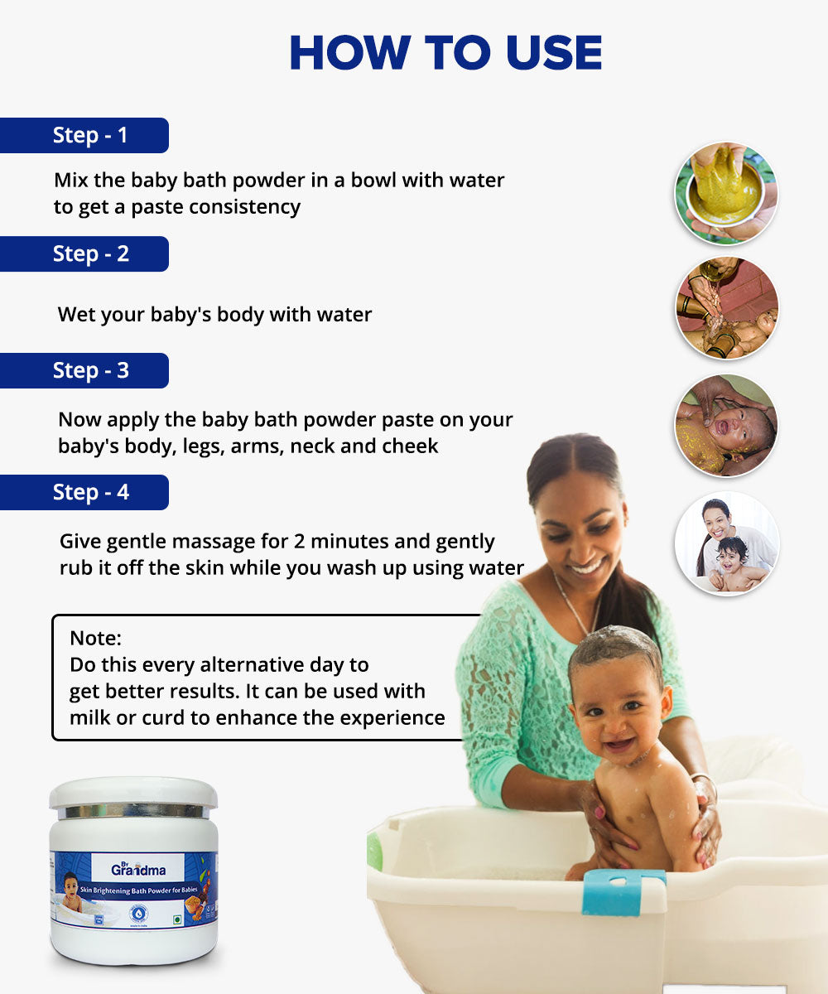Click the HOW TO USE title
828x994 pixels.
pyautogui.click(x=445, y=53)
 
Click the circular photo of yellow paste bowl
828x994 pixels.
pyautogui.click(x=726, y=193)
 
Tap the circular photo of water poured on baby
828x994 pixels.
pyautogui.click(x=726, y=308)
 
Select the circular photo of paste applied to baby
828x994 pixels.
pyautogui.click(x=726, y=426)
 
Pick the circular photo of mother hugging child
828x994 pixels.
pyautogui.click(x=726, y=543)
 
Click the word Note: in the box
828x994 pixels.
pyautogui.click(x=95, y=638)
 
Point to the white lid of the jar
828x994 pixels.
pyautogui.click(x=133, y=792)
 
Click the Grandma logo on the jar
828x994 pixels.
pyautogui.click(x=137, y=869)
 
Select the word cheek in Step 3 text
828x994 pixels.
pyautogui.click(x=410, y=446)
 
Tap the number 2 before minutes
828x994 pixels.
pyautogui.click(x=299, y=542)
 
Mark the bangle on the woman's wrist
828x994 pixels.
pyautogui.click(x=705, y=784)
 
